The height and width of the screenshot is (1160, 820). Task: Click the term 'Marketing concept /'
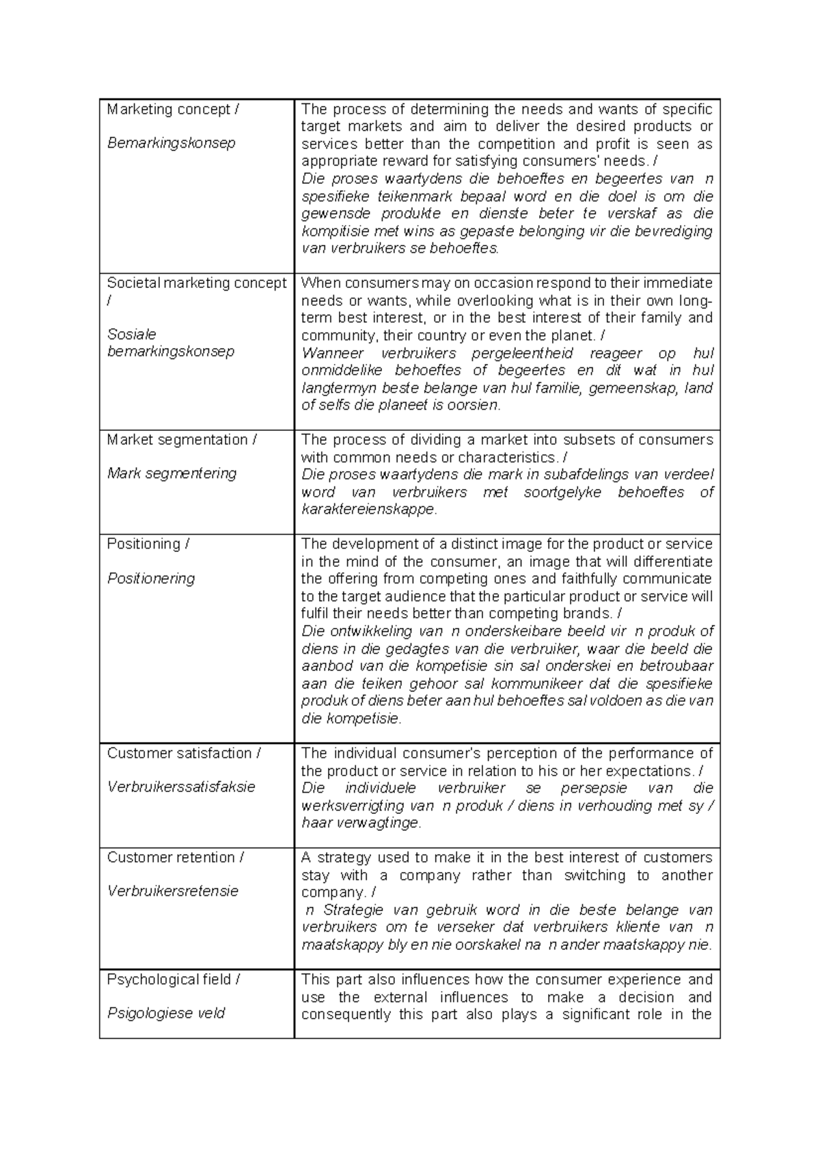(173, 109)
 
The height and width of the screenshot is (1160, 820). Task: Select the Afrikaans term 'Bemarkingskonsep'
(171, 143)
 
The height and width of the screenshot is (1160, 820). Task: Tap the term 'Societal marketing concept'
(197, 283)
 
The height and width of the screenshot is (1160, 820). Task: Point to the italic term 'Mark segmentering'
(172, 473)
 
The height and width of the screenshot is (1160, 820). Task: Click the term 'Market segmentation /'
(182, 440)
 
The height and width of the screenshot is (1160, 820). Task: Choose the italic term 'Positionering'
(151, 579)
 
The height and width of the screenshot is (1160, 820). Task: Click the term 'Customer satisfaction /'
(184, 753)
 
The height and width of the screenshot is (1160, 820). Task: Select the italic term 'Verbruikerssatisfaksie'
(181, 787)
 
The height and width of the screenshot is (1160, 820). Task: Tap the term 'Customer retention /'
(176, 858)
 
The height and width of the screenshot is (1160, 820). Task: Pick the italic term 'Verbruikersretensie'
(173, 891)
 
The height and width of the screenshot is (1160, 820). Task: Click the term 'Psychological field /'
(174, 979)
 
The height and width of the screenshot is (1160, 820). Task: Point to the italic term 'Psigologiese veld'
(166, 1013)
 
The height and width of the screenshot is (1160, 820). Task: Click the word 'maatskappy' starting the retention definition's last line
(340, 945)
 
